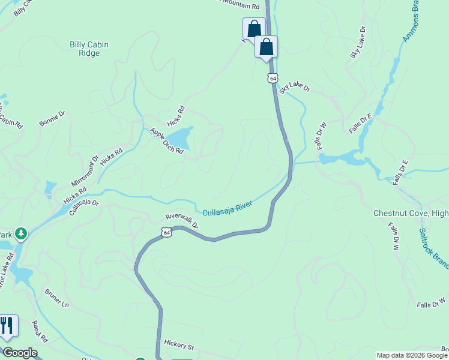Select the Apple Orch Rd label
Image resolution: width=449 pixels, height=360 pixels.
pyautogui.click(x=166, y=141)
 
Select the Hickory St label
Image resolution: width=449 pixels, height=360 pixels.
pyautogui.click(x=179, y=347)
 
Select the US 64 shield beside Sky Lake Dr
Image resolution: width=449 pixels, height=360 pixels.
pyautogui.click(x=273, y=79)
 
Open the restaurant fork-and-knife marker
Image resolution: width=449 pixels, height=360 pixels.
pyautogui.click(x=7, y=325)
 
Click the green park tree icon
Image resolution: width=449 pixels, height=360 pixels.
pyautogui.click(x=21, y=233)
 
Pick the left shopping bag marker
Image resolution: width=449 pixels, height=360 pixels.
pyautogui.click(x=254, y=28)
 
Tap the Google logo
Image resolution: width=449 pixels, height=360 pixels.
pyautogui.click(x=19, y=353)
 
